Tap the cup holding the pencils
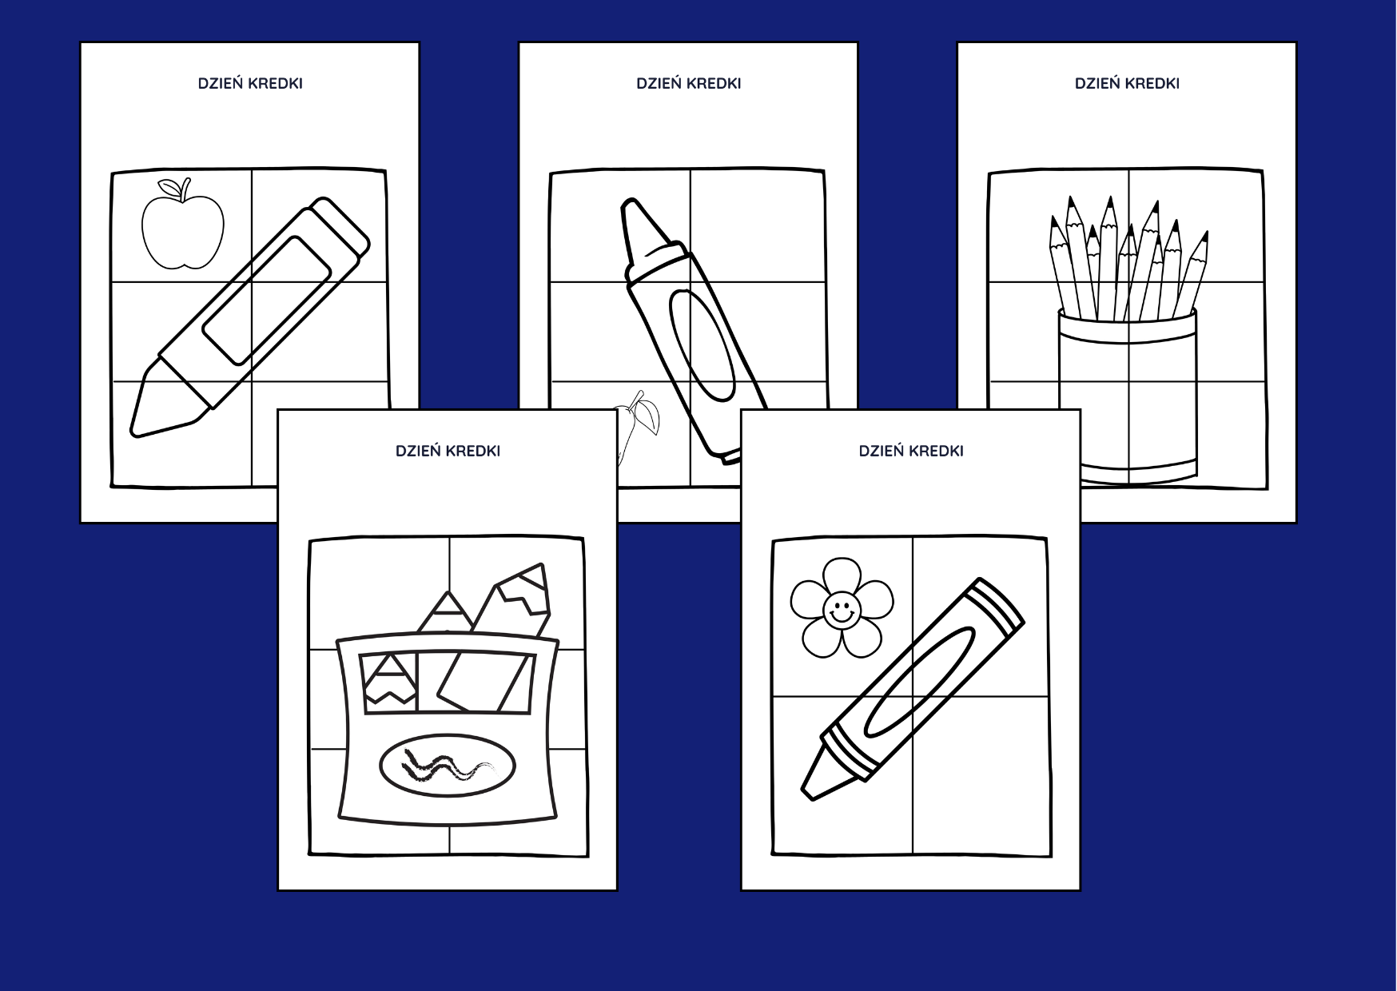1128,396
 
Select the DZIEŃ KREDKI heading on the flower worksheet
911,451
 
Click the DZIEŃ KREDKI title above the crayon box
448,451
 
